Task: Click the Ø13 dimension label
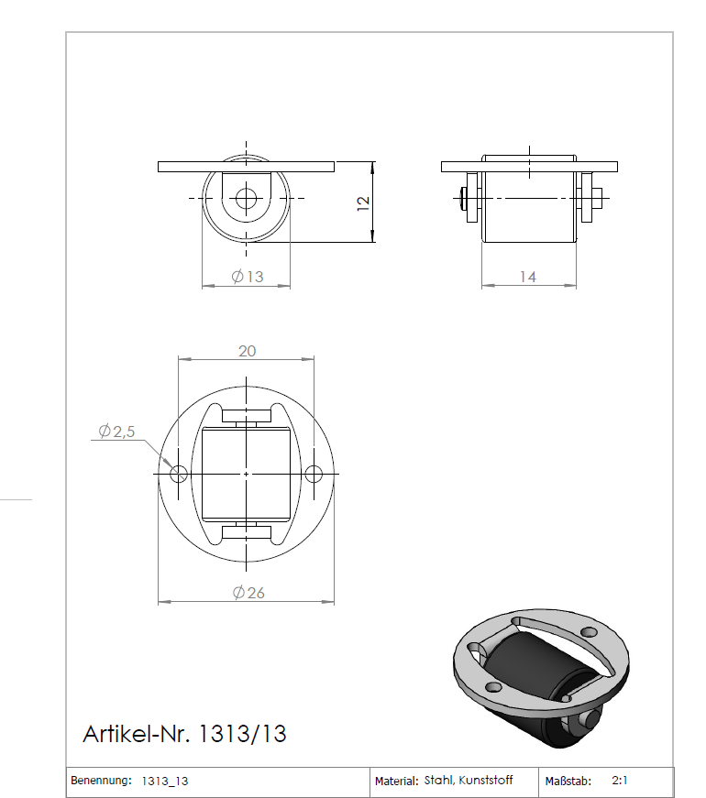[248, 277]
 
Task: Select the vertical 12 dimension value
[363, 202]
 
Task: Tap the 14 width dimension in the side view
[527, 277]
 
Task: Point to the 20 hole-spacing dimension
[247, 351]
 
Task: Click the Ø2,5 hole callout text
[116, 431]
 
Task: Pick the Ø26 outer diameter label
[248, 593]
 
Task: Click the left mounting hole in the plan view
[179, 474]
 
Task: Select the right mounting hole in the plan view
[314, 474]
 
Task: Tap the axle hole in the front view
[246, 198]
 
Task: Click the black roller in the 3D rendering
[525, 669]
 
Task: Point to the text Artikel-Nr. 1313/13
[184, 734]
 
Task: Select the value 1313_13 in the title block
[165, 782]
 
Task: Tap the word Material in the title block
[396, 782]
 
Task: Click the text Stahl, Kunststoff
[469, 781]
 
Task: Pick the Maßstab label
[566, 782]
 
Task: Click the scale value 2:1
[620, 782]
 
